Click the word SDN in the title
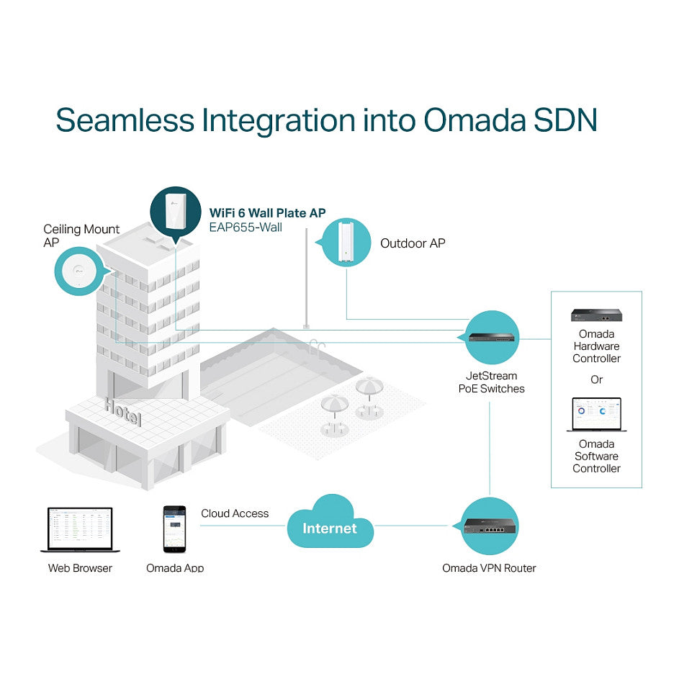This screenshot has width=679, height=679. [x=565, y=120]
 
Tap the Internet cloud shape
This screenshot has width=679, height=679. [x=330, y=522]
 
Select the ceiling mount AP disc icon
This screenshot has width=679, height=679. [x=78, y=271]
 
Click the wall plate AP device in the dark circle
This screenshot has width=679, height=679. [x=176, y=212]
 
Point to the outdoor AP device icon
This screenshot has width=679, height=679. [x=346, y=242]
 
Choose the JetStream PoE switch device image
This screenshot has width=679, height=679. [x=492, y=337]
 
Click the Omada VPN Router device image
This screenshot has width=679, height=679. [x=490, y=526]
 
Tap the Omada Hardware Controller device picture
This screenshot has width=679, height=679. [x=596, y=315]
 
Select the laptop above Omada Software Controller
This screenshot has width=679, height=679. [x=597, y=415]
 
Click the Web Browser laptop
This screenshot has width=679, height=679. [x=80, y=530]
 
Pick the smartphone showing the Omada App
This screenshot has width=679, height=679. [x=174, y=529]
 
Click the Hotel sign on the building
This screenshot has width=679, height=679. [x=123, y=412]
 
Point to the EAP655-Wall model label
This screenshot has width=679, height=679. [x=246, y=228]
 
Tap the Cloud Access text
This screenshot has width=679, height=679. [x=235, y=513]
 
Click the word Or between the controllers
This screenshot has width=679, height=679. [x=596, y=379]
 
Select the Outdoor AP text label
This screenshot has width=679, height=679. [x=413, y=243]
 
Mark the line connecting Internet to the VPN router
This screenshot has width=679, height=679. [x=411, y=526]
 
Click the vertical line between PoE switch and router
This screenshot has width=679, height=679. [x=490, y=448]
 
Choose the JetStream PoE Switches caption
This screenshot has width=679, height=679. [x=492, y=382]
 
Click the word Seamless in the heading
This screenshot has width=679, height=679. [x=125, y=120]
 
